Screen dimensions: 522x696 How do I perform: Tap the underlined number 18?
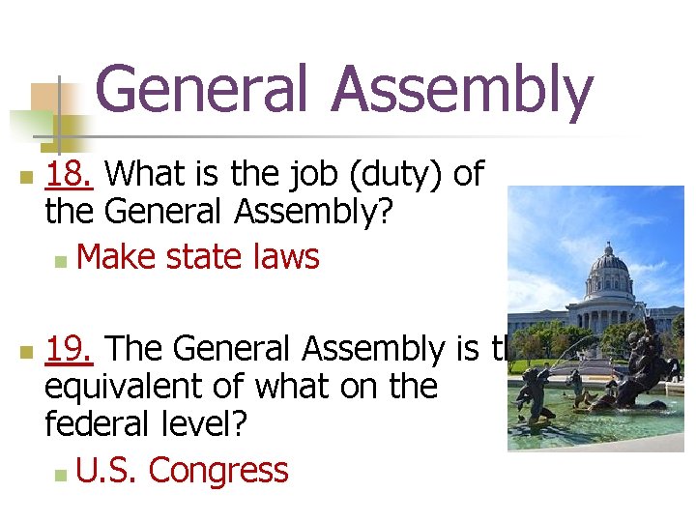(x=70, y=174)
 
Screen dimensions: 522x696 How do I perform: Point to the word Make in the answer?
(x=117, y=257)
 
